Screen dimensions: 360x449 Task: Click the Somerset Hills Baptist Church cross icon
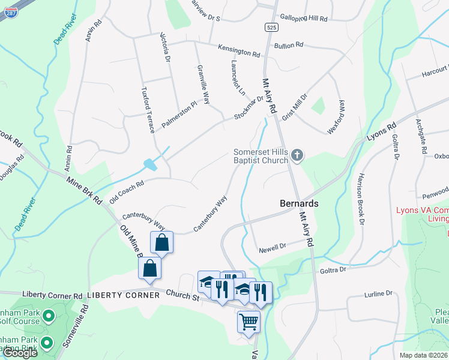296,157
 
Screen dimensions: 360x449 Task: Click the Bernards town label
299,203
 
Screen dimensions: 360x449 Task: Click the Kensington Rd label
239,50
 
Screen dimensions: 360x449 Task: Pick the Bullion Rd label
289,45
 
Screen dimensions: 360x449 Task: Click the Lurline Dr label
378,293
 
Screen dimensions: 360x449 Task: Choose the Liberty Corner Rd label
52,295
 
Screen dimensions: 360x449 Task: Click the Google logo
20,353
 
